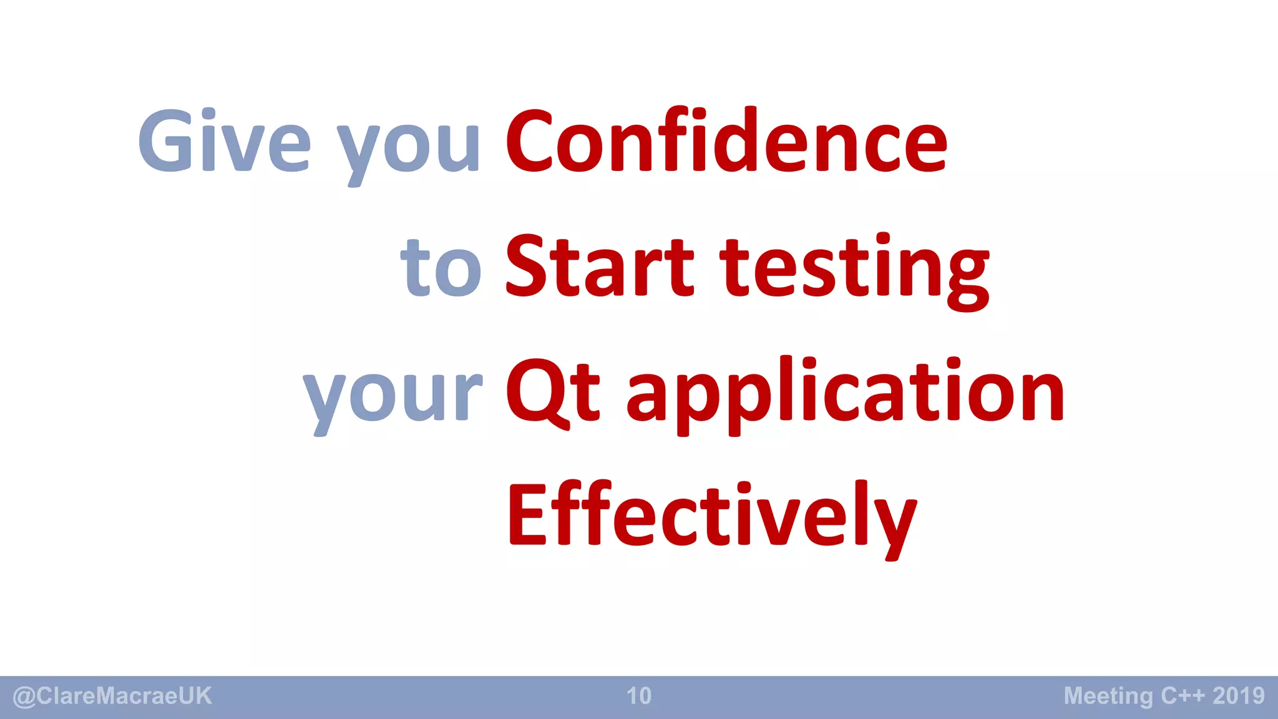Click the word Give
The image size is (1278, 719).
click(x=224, y=141)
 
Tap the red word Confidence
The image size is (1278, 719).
click(x=726, y=141)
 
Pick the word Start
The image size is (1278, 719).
click(x=599, y=267)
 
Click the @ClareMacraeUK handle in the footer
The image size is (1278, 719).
click(x=112, y=696)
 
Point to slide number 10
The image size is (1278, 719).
click(x=639, y=696)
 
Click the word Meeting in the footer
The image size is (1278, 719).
click(x=1108, y=696)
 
